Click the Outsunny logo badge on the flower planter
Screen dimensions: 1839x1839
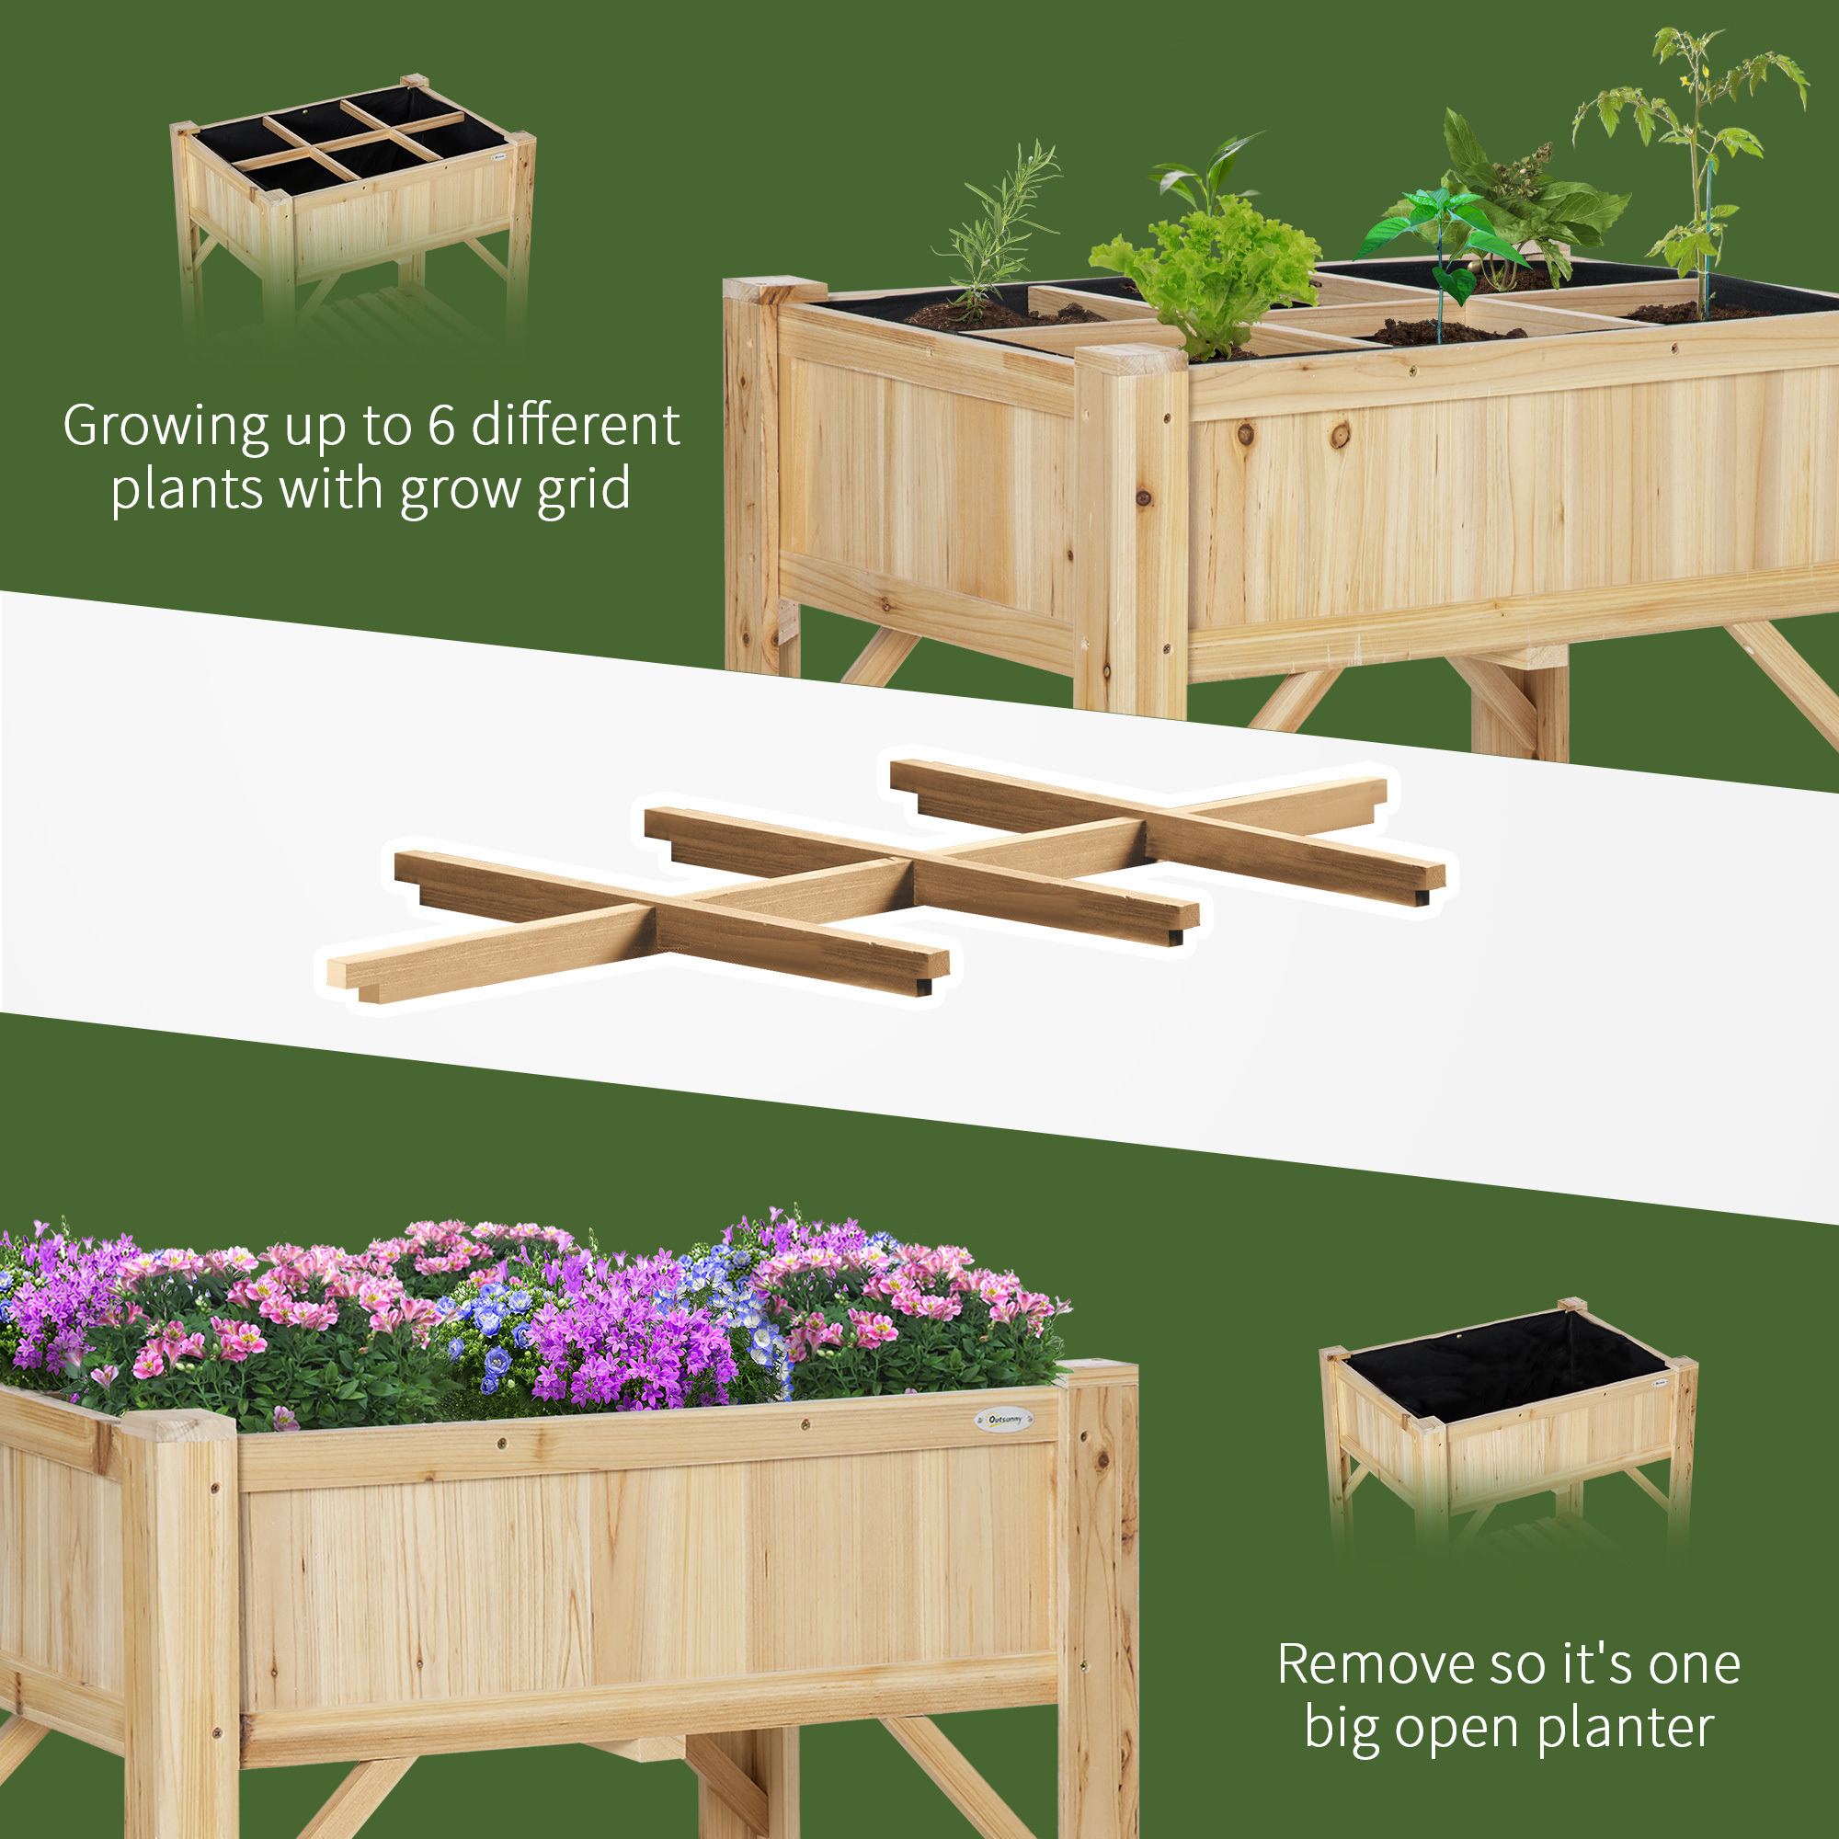point(1004,1419)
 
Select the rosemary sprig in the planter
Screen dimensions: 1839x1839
point(995,228)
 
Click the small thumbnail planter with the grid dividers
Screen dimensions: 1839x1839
point(352,205)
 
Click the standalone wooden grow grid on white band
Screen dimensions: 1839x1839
point(885,881)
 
